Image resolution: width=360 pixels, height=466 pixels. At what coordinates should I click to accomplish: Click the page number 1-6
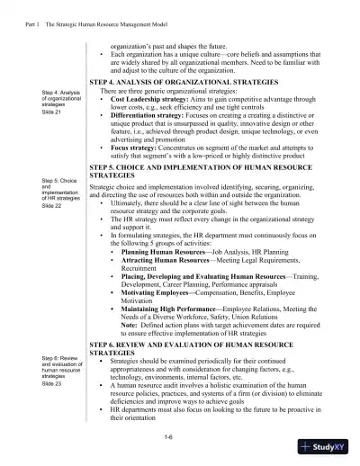tap(167, 436)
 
